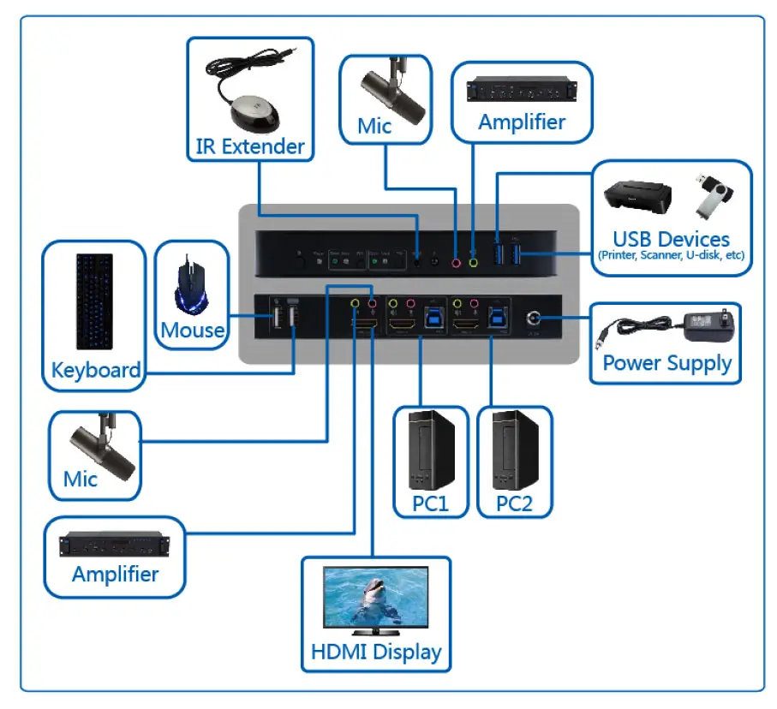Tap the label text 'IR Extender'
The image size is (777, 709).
[x=249, y=146]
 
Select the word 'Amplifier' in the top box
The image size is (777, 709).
[x=522, y=122]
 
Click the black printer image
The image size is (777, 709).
[x=638, y=198]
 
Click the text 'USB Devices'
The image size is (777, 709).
[x=671, y=239]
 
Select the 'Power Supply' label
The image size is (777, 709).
[x=666, y=363]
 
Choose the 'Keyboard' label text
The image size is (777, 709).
[x=95, y=371]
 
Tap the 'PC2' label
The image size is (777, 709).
[x=514, y=503]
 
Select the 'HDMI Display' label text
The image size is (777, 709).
[x=375, y=652]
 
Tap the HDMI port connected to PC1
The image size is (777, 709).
[x=401, y=325]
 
